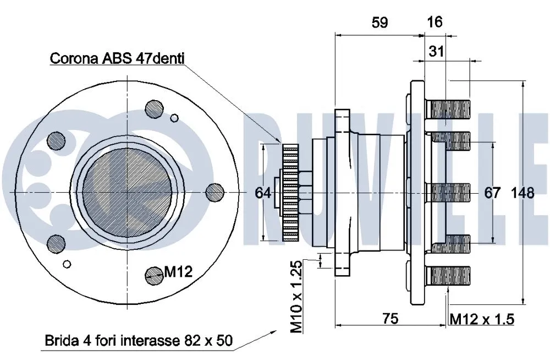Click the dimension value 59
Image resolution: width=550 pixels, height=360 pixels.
[380, 22]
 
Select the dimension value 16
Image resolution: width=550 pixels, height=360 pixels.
[435, 22]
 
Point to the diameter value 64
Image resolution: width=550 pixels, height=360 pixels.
[263, 193]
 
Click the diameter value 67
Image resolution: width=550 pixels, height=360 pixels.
[492, 193]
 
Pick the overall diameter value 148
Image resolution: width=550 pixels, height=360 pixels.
[522, 193]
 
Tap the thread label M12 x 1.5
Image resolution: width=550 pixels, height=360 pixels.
[482, 319]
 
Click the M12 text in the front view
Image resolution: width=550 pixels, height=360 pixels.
[178, 271]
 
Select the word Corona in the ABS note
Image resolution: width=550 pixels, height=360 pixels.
[73, 58]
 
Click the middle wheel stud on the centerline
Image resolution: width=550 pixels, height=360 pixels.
[449, 192]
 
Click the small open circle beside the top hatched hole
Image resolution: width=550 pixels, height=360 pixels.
[175, 117]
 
